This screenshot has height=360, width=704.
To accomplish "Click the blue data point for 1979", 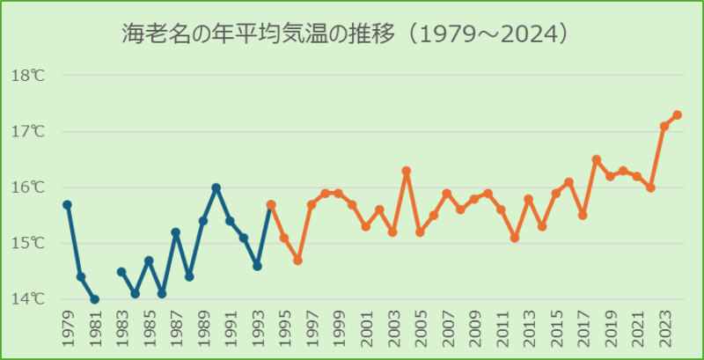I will (68, 204).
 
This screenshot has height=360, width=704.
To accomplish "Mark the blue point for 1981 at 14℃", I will (94, 299).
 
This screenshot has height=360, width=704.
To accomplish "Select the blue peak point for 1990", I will (216, 187).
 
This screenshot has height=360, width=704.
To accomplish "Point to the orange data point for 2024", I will (678, 114).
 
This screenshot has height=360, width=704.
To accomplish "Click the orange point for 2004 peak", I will (407, 171).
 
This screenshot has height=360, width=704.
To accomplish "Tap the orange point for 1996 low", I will (298, 261).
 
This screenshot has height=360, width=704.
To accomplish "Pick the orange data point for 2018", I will (597, 159).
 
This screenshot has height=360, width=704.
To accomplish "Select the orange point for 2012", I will (515, 238).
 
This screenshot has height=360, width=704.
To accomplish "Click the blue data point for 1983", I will (121, 271).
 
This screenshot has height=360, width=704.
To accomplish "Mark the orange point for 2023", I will (664, 126).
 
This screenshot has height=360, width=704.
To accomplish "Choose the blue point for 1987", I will (176, 232).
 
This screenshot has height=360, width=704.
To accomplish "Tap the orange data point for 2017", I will (583, 216).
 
